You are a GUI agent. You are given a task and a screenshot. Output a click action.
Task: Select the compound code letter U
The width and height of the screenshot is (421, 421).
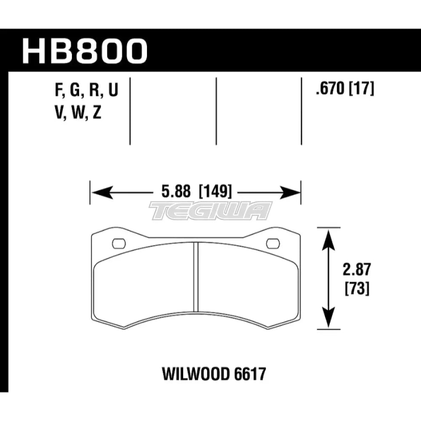pos(113,90)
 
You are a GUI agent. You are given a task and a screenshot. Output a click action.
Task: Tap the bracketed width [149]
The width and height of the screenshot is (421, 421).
pos(214,193)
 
